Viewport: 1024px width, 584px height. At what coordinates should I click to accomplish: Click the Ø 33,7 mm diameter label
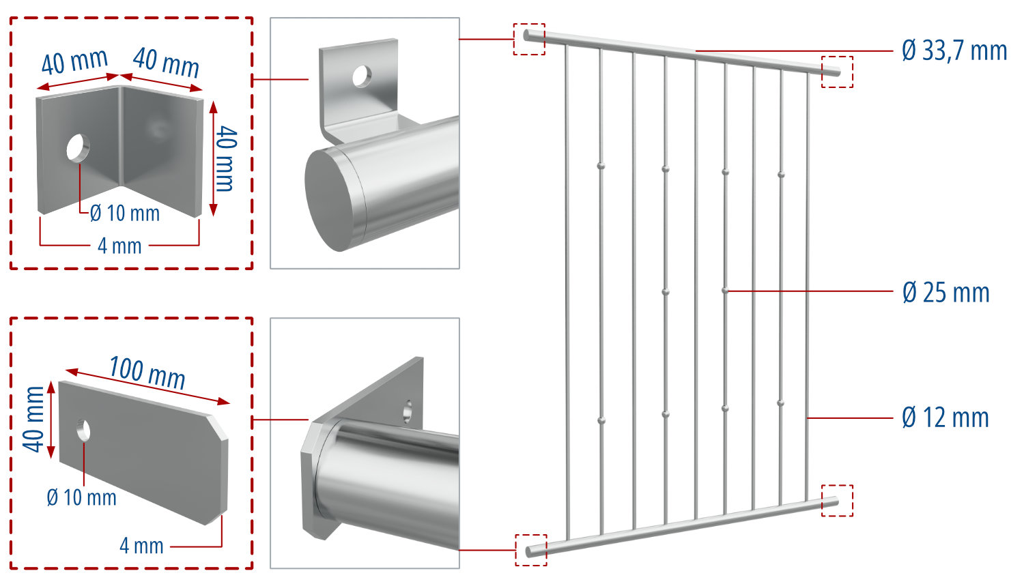(x=954, y=51)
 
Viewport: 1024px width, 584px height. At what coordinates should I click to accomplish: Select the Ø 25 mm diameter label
(x=945, y=293)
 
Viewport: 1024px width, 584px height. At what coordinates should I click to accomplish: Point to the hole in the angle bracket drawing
(x=78, y=147)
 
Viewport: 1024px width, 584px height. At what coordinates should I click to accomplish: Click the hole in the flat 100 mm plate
(x=83, y=430)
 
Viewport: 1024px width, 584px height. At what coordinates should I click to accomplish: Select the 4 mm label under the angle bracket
(x=119, y=246)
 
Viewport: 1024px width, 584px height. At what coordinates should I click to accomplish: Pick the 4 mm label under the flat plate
(x=141, y=546)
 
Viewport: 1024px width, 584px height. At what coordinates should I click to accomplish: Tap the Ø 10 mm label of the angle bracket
(x=125, y=214)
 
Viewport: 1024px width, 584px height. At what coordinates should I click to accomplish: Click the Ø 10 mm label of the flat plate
(x=81, y=497)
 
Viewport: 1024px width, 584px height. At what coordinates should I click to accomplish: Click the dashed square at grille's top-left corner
(x=529, y=40)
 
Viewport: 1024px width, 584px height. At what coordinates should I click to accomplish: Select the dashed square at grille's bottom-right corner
(x=837, y=500)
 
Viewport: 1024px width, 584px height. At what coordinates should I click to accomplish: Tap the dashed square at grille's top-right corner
(x=837, y=72)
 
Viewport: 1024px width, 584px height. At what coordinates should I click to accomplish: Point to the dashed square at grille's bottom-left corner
(x=530, y=550)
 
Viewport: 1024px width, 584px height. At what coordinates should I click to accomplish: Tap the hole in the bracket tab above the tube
(x=360, y=76)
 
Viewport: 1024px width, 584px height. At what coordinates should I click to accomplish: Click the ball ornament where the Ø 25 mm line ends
(x=725, y=291)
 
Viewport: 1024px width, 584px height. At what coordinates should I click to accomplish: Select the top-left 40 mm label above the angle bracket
(x=74, y=62)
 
